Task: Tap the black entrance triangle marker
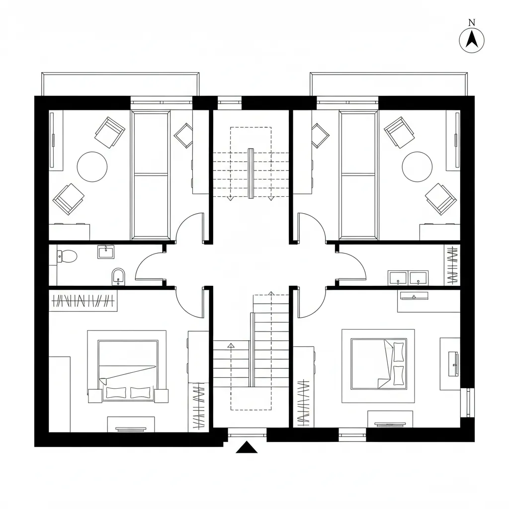246,448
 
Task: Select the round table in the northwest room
92,167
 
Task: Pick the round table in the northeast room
417,167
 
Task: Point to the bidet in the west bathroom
118,276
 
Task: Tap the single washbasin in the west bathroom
106,252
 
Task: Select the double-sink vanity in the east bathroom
408,277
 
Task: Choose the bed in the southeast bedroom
379,364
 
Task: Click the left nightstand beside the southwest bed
95,396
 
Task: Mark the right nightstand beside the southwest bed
161,396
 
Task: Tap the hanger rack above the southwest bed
84,301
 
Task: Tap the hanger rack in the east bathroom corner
452,265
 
